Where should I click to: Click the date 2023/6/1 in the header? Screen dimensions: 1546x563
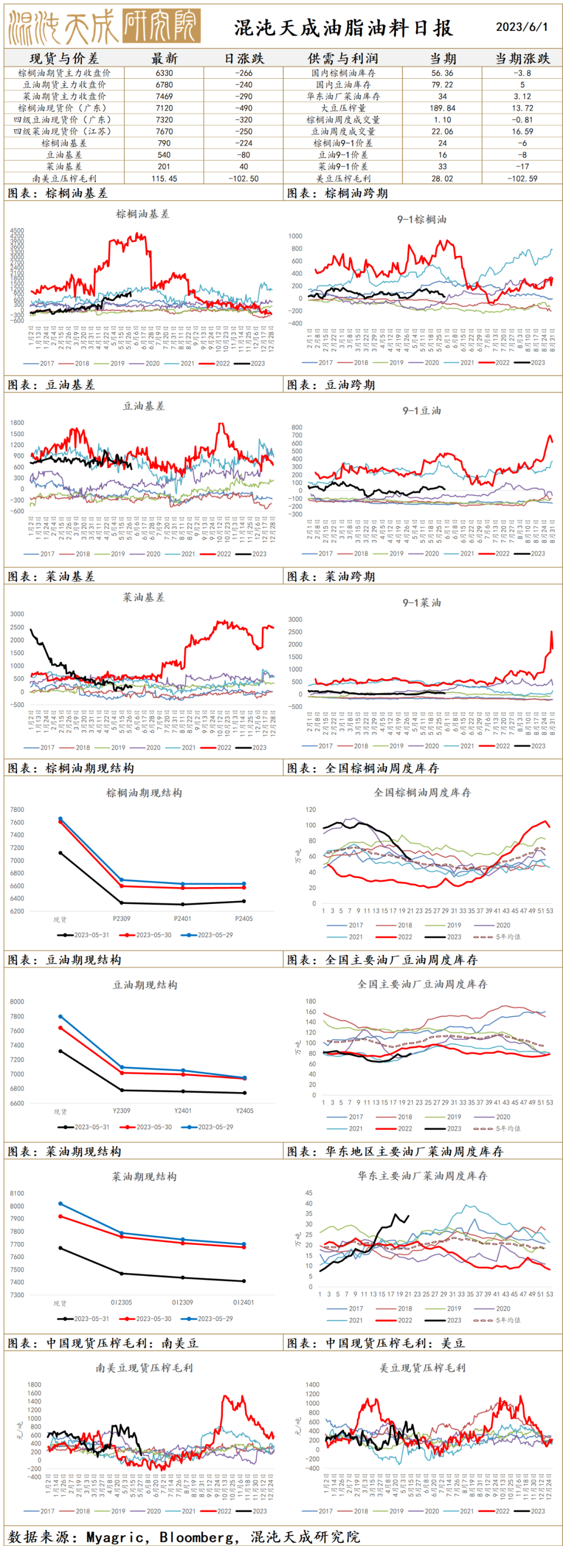coord(522,27)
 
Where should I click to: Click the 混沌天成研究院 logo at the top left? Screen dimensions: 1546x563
coord(103,27)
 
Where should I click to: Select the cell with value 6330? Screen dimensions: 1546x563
coord(164,72)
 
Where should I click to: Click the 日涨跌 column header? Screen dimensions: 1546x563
coord(243,58)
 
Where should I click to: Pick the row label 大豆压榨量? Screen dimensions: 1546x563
coord(344,108)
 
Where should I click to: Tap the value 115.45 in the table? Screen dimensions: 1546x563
coord(164,178)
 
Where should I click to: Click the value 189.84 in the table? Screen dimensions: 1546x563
coord(443,108)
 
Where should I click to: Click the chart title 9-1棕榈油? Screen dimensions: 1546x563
coord(421,219)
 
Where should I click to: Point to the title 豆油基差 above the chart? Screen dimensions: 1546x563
coord(143,406)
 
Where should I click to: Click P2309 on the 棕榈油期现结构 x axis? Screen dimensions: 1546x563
coord(121,918)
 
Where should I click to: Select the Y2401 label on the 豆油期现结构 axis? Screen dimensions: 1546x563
coord(182,1110)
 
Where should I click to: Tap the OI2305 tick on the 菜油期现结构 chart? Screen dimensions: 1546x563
coord(121,1303)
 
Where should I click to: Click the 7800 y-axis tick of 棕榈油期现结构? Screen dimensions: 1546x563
coord(17,809)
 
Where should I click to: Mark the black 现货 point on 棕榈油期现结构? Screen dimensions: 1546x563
coord(60,852)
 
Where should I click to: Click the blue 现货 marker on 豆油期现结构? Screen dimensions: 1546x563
coord(60,1016)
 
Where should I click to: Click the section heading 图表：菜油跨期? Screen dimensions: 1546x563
coord(331,576)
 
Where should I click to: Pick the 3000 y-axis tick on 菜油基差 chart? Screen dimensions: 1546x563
coord(17,614)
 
